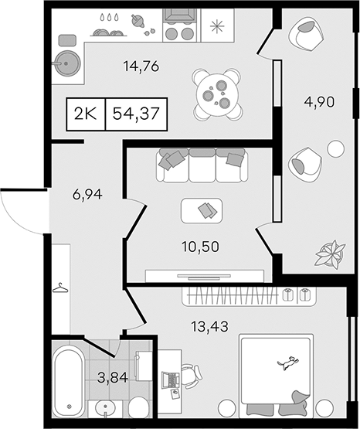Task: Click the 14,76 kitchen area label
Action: click(x=141, y=66)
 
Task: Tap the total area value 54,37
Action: click(x=136, y=114)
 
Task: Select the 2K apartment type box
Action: click(x=86, y=114)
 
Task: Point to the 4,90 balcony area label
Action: click(x=319, y=102)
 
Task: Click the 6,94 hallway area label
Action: click(x=87, y=195)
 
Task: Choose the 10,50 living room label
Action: click(x=200, y=247)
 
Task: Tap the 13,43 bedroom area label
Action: click(x=209, y=326)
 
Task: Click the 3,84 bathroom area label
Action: click(x=113, y=378)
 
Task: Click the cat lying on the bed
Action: click(x=287, y=363)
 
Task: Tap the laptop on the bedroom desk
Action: click(x=171, y=379)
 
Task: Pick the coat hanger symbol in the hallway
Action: click(x=60, y=288)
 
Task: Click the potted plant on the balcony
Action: click(x=330, y=254)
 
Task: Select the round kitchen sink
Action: click(x=67, y=63)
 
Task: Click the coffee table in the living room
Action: click(x=202, y=211)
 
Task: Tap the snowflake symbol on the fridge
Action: click(x=217, y=26)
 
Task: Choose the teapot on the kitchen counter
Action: click(x=138, y=21)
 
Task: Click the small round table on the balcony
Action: click(x=336, y=148)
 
